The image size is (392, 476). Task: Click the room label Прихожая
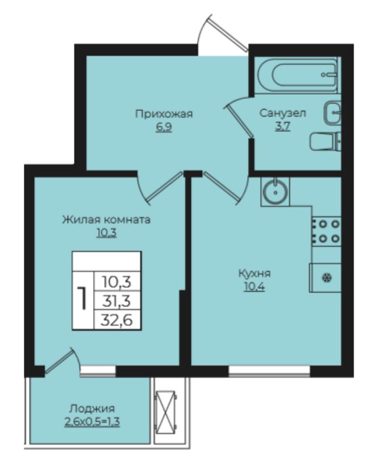coord(164,114)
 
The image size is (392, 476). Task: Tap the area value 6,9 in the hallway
coord(164,127)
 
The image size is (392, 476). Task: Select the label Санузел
coord(282,113)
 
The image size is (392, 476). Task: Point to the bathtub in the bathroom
coord(298,75)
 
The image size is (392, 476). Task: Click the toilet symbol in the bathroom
coord(326,142)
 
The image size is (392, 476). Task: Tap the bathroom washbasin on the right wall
coord(332,113)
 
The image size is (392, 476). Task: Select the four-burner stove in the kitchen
coord(327,231)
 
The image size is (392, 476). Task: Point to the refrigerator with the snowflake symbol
coord(325,278)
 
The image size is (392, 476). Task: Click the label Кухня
coord(255,274)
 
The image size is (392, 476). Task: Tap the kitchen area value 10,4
coord(255,287)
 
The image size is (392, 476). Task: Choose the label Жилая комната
coord(106,220)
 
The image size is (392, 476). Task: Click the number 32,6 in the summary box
coord(117,320)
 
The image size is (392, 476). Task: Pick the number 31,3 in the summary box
coord(116,301)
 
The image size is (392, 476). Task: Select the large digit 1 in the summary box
coord(82,300)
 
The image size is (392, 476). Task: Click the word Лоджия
coord(92,408)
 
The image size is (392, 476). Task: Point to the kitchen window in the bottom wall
coord(269,371)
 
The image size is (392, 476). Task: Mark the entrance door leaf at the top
coord(228,31)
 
